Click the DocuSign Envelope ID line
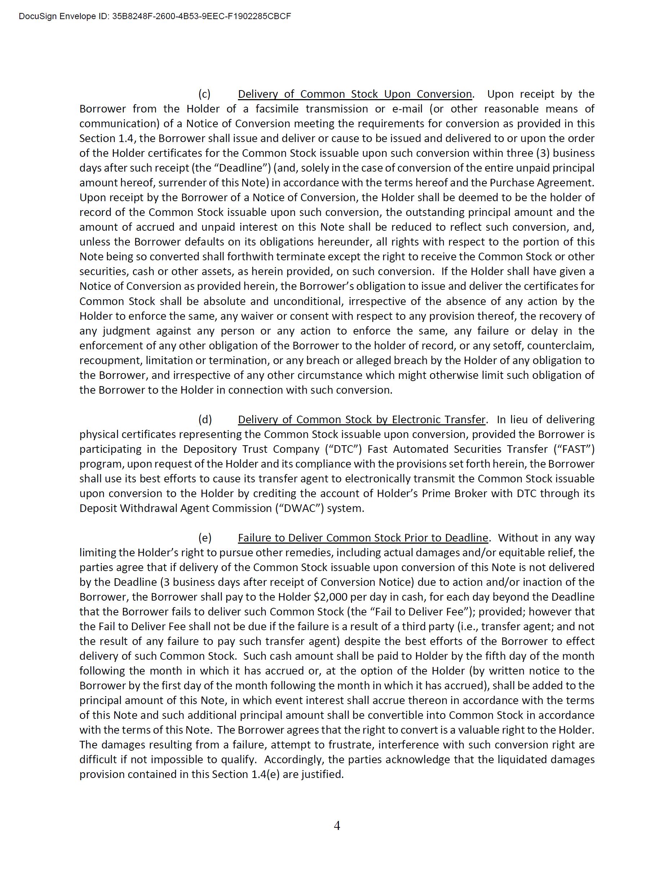(155, 16)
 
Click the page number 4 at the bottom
(337, 826)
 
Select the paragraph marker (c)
(204, 94)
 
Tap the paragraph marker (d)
(205, 420)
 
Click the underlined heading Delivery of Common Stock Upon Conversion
(354, 94)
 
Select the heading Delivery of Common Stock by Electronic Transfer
(361, 420)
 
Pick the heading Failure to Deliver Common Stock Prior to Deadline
(363, 538)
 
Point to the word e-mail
(407, 109)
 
